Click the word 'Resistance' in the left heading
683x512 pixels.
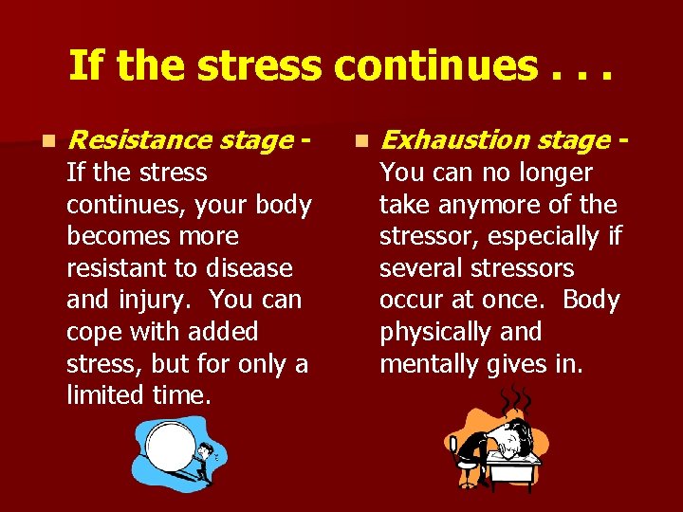pyautogui.click(x=139, y=140)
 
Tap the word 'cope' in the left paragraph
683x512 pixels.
pyautogui.click(x=94, y=333)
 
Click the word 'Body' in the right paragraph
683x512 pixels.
pyautogui.click(x=590, y=301)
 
